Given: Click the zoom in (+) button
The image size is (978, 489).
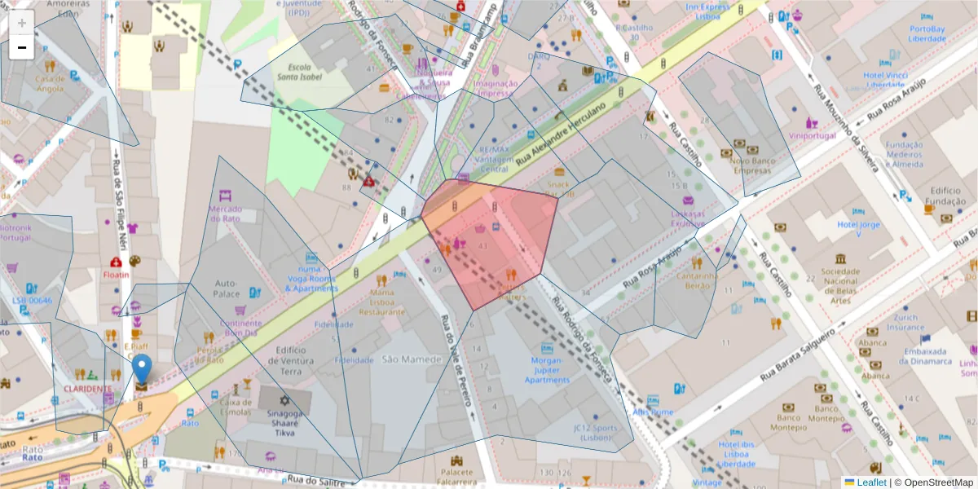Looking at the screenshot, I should tap(22, 23).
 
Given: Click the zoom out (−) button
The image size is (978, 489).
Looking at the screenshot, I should tap(22, 47).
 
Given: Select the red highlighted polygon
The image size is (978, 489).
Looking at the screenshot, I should tap(489, 240).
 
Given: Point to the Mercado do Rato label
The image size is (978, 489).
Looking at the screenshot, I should tap(226, 214).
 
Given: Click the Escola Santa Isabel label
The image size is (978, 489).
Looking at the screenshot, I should tap(299, 72).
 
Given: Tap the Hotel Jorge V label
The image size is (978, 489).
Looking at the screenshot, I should tap(859, 229).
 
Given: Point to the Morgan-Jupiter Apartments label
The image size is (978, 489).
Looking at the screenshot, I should tap(547, 369).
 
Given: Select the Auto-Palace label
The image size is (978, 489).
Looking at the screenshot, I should tap(226, 288).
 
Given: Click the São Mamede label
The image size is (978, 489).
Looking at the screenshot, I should tap(400, 359).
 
